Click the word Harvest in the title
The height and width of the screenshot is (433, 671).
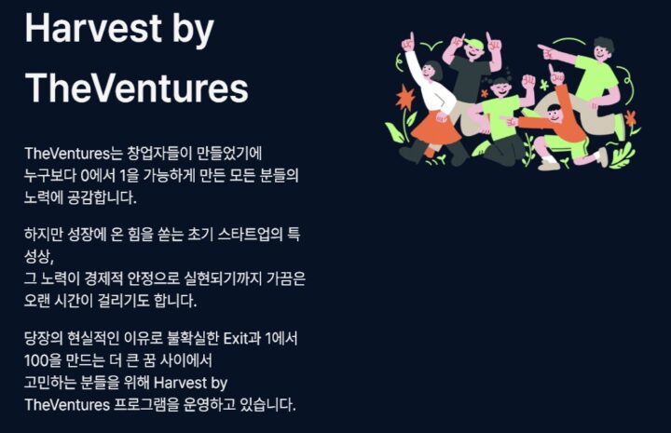pos(93,29)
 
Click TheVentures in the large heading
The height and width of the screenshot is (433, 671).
pos(136,88)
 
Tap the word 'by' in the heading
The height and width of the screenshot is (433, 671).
pos(193,31)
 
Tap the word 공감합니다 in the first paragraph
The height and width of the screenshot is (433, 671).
pos(103,198)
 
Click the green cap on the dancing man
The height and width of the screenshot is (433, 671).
pos(474,43)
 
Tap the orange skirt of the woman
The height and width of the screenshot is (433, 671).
pos(435,129)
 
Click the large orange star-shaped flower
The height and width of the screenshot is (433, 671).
pos(404,98)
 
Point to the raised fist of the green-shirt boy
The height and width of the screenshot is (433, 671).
pos(529,81)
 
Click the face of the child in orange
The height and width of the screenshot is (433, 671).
pos(555,115)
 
